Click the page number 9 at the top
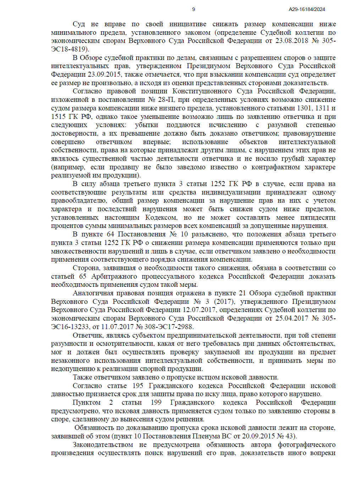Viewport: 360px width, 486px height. point(193,10)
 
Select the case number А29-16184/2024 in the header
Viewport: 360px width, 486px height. point(307,10)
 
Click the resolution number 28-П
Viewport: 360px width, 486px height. point(166,100)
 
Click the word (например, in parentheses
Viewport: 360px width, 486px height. point(68,167)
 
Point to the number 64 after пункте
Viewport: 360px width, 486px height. point(110,234)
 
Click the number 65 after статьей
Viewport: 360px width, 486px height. point(82,277)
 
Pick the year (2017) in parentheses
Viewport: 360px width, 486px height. point(224,302)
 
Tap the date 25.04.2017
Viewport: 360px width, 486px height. point(292,318)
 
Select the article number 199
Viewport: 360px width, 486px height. point(156,403)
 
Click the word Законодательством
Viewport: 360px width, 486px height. point(103,445)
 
